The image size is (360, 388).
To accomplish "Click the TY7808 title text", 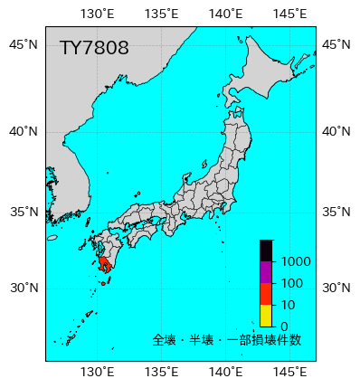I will pyautogui.click(x=94, y=48).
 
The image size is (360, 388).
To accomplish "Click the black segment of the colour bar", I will pyautogui.click(x=266, y=251).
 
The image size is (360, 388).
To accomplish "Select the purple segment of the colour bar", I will pyautogui.click(x=266, y=272).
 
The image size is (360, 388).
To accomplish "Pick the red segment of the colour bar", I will pyautogui.click(x=266, y=294).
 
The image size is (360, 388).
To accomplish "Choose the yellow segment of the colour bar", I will pyautogui.click(x=266, y=315).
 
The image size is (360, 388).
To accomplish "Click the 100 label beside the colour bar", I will pyautogui.click(x=291, y=283).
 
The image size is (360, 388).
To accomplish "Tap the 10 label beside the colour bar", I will pyautogui.click(x=288, y=305).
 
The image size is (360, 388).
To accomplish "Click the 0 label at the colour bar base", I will pyautogui.click(x=283, y=326).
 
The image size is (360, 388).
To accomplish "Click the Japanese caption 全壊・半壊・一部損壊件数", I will pyautogui.click(x=226, y=340).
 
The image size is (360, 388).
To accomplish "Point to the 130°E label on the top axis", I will pyautogui.click(x=98, y=14).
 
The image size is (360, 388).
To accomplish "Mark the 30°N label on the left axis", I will pyautogui.click(x=24, y=288).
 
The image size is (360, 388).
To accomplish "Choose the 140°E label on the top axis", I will pyautogui.click(x=226, y=14).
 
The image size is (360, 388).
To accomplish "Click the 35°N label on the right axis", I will pyautogui.click(x=336, y=212).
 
